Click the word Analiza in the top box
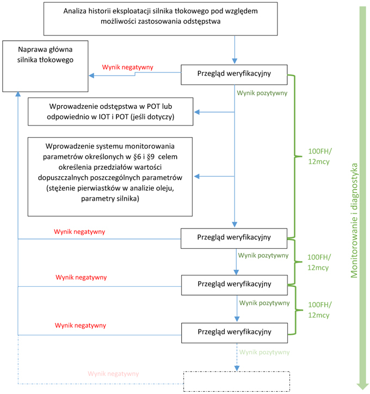pyautogui.click(x=73, y=11)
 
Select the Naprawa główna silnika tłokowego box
pyautogui.click(x=45, y=66)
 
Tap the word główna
pyautogui.click(x=60, y=50)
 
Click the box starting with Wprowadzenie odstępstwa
pyautogui.click(x=110, y=112)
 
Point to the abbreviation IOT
pyautogui.click(x=104, y=117)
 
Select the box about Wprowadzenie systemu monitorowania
pyautogui.click(x=110, y=177)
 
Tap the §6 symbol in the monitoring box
pyautogui.click(x=137, y=157)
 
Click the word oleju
pyautogui.click(x=165, y=188)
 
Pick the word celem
pyautogui.click(x=168, y=157)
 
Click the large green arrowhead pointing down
pyautogui.click(x=362, y=386)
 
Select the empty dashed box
pyautogui.click(x=237, y=381)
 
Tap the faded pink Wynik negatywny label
pyautogui.click(x=113, y=374)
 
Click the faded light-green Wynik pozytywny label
pyautogui.click(x=264, y=352)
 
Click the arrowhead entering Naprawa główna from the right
pyautogui.click(x=91, y=76)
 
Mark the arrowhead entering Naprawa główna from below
pyautogui.click(x=18, y=94)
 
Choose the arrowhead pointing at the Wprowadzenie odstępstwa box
pyautogui.click(x=196, y=112)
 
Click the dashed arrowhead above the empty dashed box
pyautogui.click(x=237, y=368)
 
